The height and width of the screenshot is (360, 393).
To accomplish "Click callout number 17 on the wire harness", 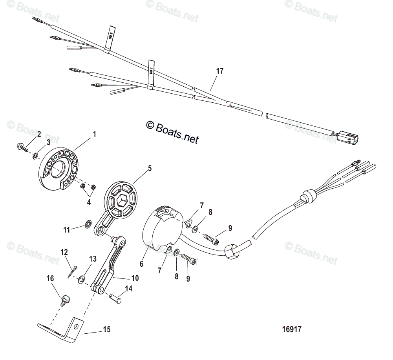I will [x=219, y=71].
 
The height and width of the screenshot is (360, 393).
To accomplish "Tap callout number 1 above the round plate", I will [x=94, y=134].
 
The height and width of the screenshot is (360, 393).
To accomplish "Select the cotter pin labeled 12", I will [x=72, y=271].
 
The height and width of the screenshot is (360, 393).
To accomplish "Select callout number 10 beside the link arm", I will [x=135, y=278].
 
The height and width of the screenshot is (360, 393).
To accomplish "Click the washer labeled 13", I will [x=82, y=279].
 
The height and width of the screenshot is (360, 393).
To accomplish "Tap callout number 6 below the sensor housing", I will [x=141, y=264].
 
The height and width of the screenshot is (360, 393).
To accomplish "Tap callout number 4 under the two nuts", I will [x=89, y=202].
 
